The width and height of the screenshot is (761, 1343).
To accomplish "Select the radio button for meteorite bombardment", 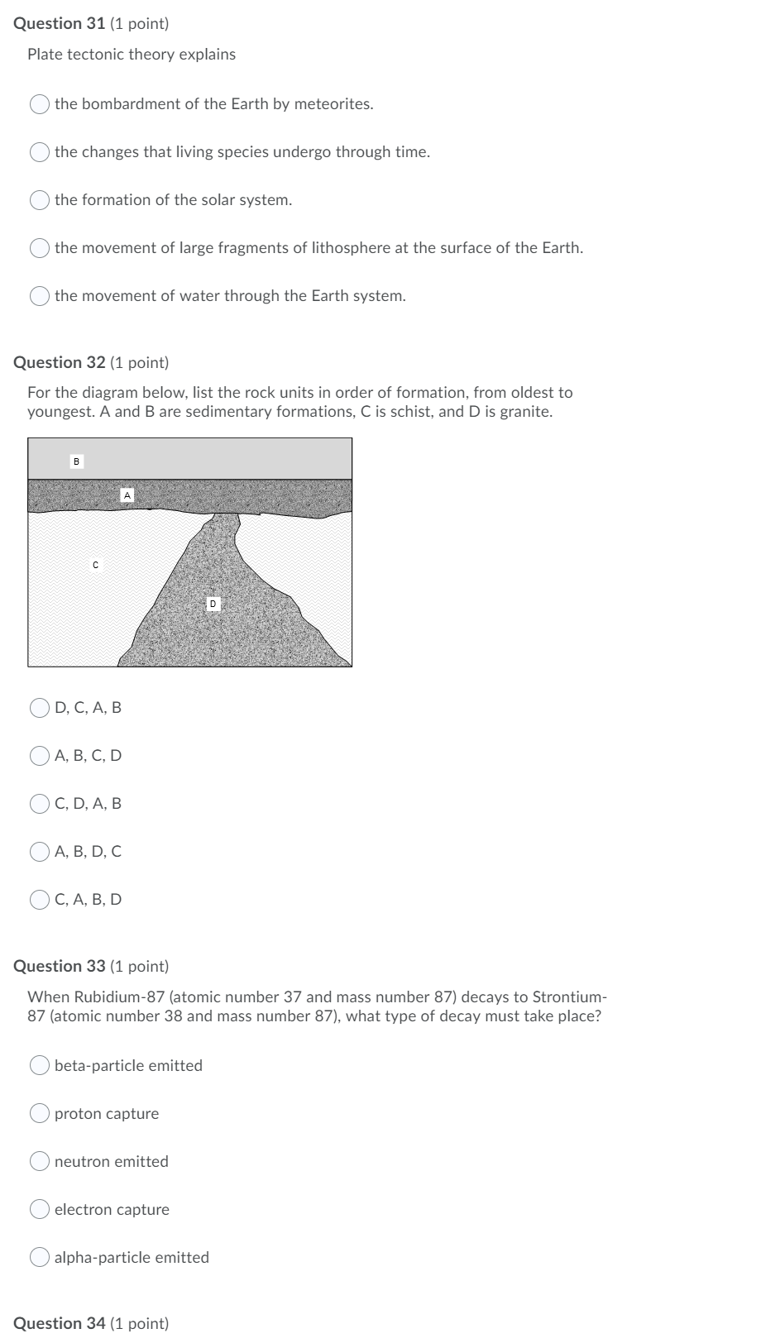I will pos(40,104).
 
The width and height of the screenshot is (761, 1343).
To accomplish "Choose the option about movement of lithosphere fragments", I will pos(40,248).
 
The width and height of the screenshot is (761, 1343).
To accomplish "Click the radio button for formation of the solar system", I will pos(40,200).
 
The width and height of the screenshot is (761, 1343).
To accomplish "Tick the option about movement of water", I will pos(40,296).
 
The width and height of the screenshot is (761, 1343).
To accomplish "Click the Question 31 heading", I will pos(91,24).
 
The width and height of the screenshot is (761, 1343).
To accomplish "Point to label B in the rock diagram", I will pos(76,461).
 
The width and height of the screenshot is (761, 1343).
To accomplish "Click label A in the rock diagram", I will pos(127,495).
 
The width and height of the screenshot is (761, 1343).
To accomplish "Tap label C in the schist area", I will pos(95,565).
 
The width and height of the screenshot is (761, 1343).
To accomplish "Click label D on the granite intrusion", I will pos(213,605).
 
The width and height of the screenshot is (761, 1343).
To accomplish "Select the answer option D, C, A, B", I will pos(40,708).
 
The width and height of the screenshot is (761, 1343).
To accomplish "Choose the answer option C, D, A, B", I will pos(40,804).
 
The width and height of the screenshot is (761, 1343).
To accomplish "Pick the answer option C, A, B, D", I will pos(40,900).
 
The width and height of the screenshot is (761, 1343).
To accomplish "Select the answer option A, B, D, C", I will pos(40,852).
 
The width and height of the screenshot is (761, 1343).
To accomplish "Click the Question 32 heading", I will pos(91,363).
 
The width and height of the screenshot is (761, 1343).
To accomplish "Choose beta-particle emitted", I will pos(40,1066).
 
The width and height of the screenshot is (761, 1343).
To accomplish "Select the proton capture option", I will pos(40,1114).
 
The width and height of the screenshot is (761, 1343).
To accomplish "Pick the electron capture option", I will pos(40,1210).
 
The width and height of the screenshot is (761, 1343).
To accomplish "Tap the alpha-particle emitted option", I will pos(40,1258).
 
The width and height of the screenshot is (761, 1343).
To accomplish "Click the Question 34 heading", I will pos(91,1323).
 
